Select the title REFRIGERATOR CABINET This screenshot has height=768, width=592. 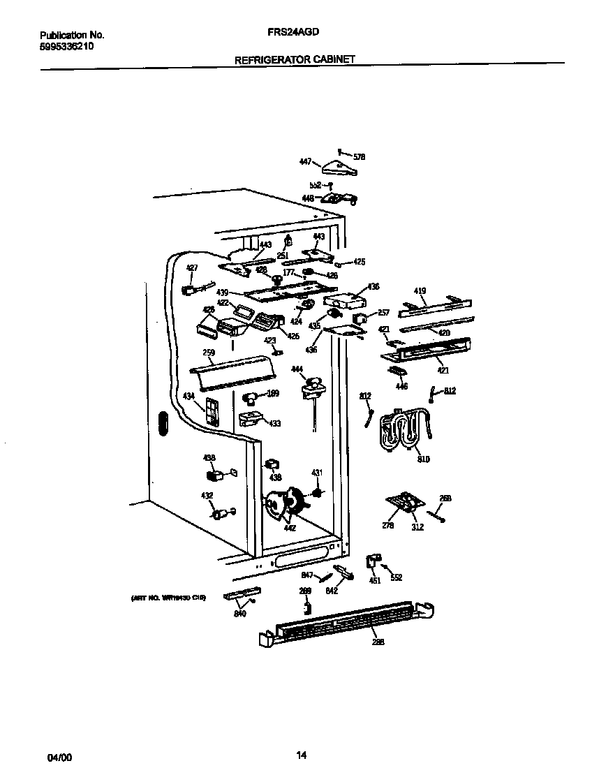point(295,60)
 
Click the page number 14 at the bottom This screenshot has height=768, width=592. point(301,755)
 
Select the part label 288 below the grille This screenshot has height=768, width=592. point(378,642)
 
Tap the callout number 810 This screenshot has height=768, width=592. point(424,460)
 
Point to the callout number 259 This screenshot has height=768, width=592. point(209,353)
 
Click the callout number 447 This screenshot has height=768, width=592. point(305,161)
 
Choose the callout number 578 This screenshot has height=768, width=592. point(360,157)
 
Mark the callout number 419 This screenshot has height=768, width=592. point(420,290)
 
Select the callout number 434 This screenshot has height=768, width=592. point(188,396)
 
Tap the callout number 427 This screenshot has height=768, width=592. point(192,267)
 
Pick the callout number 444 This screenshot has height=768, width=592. point(297,369)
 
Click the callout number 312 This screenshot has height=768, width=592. point(417,527)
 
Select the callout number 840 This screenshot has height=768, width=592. point(240,614)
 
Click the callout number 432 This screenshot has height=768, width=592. point(207,496)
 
